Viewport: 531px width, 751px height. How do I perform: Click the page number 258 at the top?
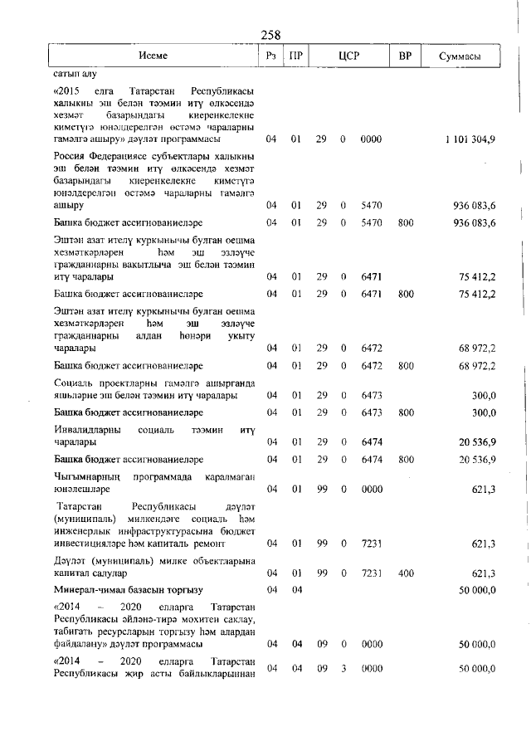click(270, 35)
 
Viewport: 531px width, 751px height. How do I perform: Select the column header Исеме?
click(153, 56)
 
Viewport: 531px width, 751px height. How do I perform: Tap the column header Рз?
click(270, 56)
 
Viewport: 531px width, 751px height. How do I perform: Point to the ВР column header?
click(404, 56)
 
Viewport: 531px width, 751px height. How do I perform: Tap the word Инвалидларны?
click(89, 431)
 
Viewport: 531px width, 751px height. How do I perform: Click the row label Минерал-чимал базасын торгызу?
click(128, 590)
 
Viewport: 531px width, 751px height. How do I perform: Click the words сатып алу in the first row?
click(75, 74)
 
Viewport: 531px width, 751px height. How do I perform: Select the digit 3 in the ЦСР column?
click(343, 668)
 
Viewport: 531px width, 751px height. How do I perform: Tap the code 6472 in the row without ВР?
click(372, 349)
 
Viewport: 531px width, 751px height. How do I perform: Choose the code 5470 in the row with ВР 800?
click(372, 223)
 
